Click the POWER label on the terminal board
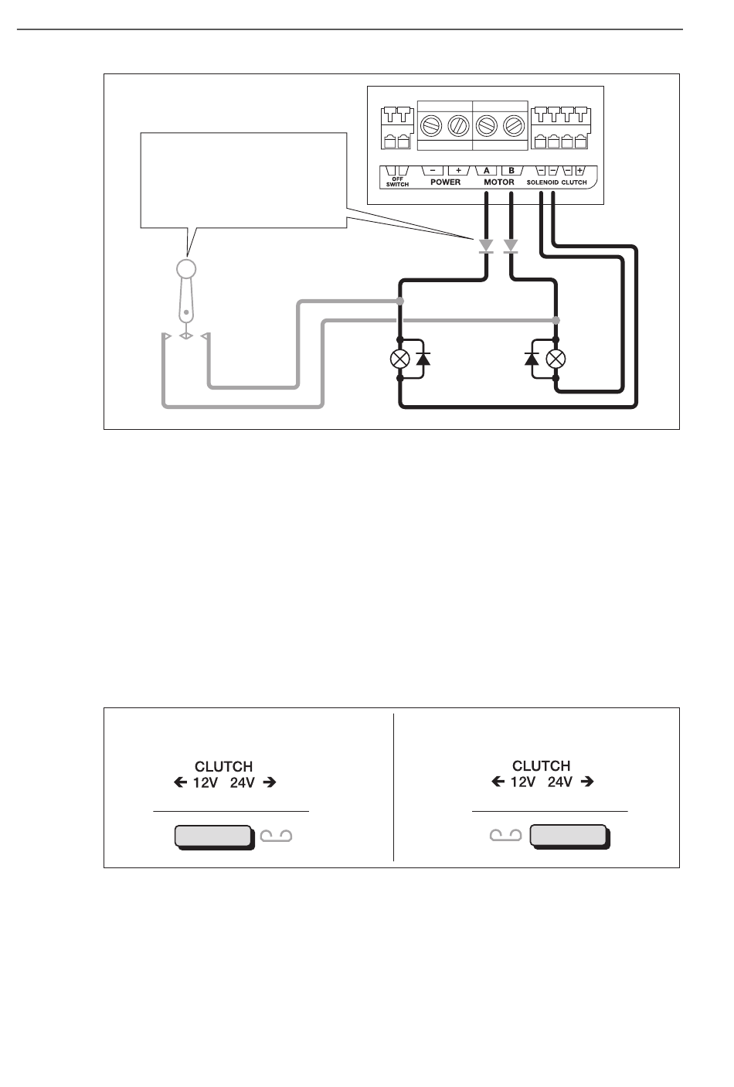(445, 182)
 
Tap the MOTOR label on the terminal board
(498, 182)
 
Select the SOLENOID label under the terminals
(542, 182)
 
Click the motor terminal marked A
(486, 170)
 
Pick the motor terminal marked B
(511, 170)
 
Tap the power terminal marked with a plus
(458, 170)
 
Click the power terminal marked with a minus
(433, 170)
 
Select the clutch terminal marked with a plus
(579, 170)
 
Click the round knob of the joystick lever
(185, 268)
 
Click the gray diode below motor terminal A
(486, 246)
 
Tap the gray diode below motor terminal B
(511, 246)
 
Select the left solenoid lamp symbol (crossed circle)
(399, 359)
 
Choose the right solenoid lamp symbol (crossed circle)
(556, 359)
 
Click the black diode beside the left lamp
(423, 359)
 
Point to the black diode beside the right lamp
(531, 359)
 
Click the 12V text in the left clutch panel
(206, 782)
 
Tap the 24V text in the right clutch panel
(559, 782)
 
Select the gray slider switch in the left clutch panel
(214, 837)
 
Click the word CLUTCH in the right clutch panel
(541, 766)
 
